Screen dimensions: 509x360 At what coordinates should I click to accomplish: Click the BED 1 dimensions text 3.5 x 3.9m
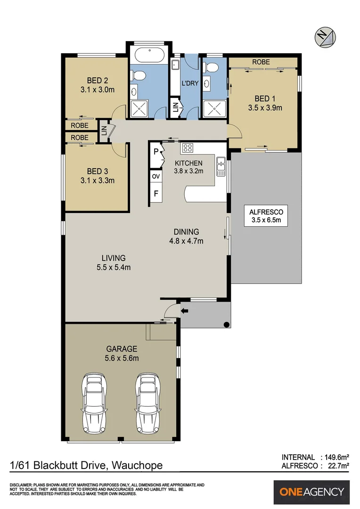pyautogui.click(x=265, y=107)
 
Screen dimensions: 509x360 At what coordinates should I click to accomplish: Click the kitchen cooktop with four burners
pyautogui.click(x=187, y=148)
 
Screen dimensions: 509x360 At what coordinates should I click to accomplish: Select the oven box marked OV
pyautogui.click(x=155, y=176)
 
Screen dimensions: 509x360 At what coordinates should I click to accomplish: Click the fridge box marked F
pyautogui.click(x=155, y=193)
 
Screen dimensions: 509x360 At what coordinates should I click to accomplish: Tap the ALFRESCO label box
pyautogui.click(x=266, y=216)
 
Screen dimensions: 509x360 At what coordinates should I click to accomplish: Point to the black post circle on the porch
pyautogui.click(x=226, y=324)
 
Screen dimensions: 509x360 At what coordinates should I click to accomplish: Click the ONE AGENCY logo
pyautogui.click(x=312, y=492)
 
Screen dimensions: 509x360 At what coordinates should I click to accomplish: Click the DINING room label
pyautogui.click(x=186, y=232)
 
